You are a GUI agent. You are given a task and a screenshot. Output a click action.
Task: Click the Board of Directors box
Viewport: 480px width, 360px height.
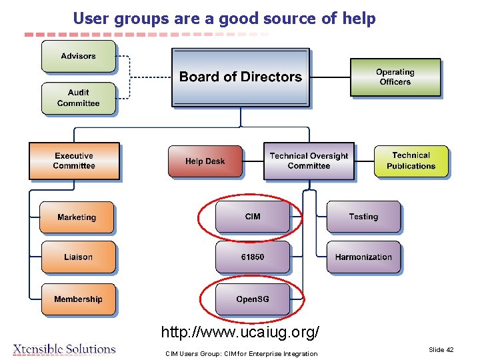point(241,77)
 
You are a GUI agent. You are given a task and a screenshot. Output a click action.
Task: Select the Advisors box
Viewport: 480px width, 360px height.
point(79,57)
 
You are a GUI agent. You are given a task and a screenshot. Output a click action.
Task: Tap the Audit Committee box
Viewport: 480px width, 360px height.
point(79,98)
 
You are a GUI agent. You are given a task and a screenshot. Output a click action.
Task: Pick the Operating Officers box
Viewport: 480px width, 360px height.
point(395,77)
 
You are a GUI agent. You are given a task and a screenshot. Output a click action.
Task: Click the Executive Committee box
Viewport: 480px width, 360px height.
point(74,161)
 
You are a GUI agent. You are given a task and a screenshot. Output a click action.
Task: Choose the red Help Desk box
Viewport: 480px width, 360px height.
point(205,161)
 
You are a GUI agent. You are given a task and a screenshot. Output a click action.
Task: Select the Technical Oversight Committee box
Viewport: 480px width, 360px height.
point(309,161)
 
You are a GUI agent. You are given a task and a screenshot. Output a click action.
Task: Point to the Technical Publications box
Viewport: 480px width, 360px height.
point(411,161)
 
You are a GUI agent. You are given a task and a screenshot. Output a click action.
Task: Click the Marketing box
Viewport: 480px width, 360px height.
point(77,217)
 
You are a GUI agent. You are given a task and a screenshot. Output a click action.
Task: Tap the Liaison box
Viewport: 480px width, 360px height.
point(78,257)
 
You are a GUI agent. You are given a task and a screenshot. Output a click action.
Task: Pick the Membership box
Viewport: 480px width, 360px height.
point(78,299)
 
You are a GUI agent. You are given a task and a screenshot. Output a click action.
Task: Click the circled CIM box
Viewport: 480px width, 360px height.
point(253,217)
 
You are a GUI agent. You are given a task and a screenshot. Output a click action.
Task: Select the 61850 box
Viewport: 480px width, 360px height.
point(253,257)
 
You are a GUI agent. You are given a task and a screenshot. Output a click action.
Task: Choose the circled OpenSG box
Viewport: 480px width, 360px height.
point(253,299)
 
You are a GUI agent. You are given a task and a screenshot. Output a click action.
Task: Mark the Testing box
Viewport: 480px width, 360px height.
point(363,217)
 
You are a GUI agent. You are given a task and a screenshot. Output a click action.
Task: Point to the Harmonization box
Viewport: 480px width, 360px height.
point(363,257)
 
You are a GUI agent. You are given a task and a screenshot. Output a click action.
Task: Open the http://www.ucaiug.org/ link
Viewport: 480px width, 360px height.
point(240,331)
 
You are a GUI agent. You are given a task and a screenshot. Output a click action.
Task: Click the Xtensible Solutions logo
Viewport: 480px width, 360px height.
point(65,349)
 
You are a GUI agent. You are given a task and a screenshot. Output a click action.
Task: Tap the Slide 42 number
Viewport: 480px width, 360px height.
point(441,350)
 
